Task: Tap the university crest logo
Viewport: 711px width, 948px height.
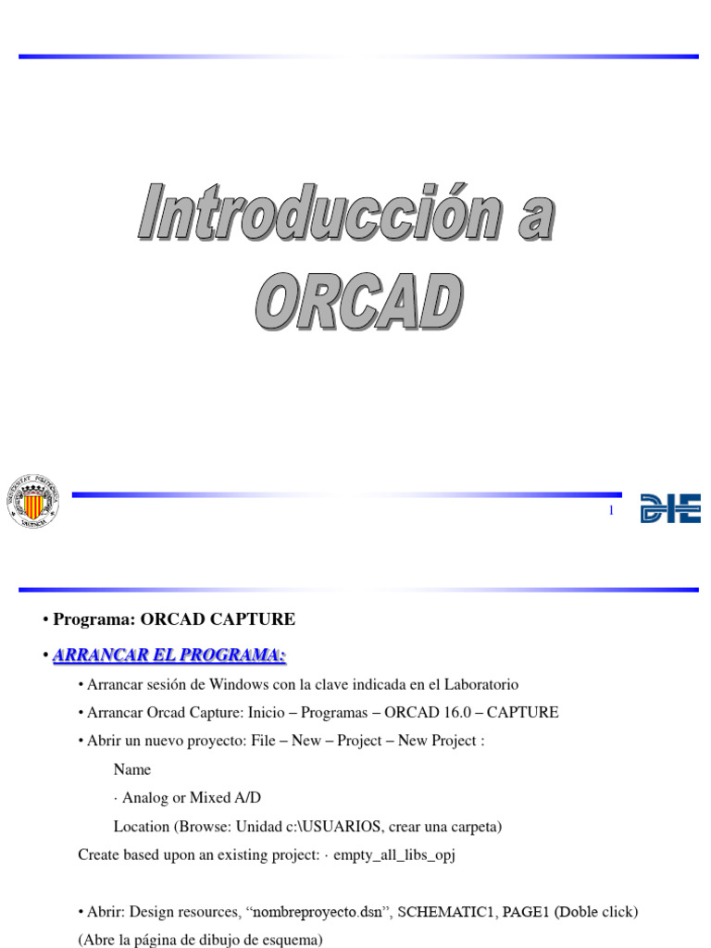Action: tap(32, 500)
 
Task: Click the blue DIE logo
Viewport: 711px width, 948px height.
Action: tap(670, 508)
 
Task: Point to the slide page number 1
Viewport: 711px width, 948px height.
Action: tap(611, 511)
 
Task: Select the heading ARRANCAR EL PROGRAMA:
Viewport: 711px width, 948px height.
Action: tap(169, 655)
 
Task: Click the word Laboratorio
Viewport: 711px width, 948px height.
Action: tap(472, 685)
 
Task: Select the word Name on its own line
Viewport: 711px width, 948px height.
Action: tap(131, 769)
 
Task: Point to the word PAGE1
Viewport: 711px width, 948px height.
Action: tap(526, 912)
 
